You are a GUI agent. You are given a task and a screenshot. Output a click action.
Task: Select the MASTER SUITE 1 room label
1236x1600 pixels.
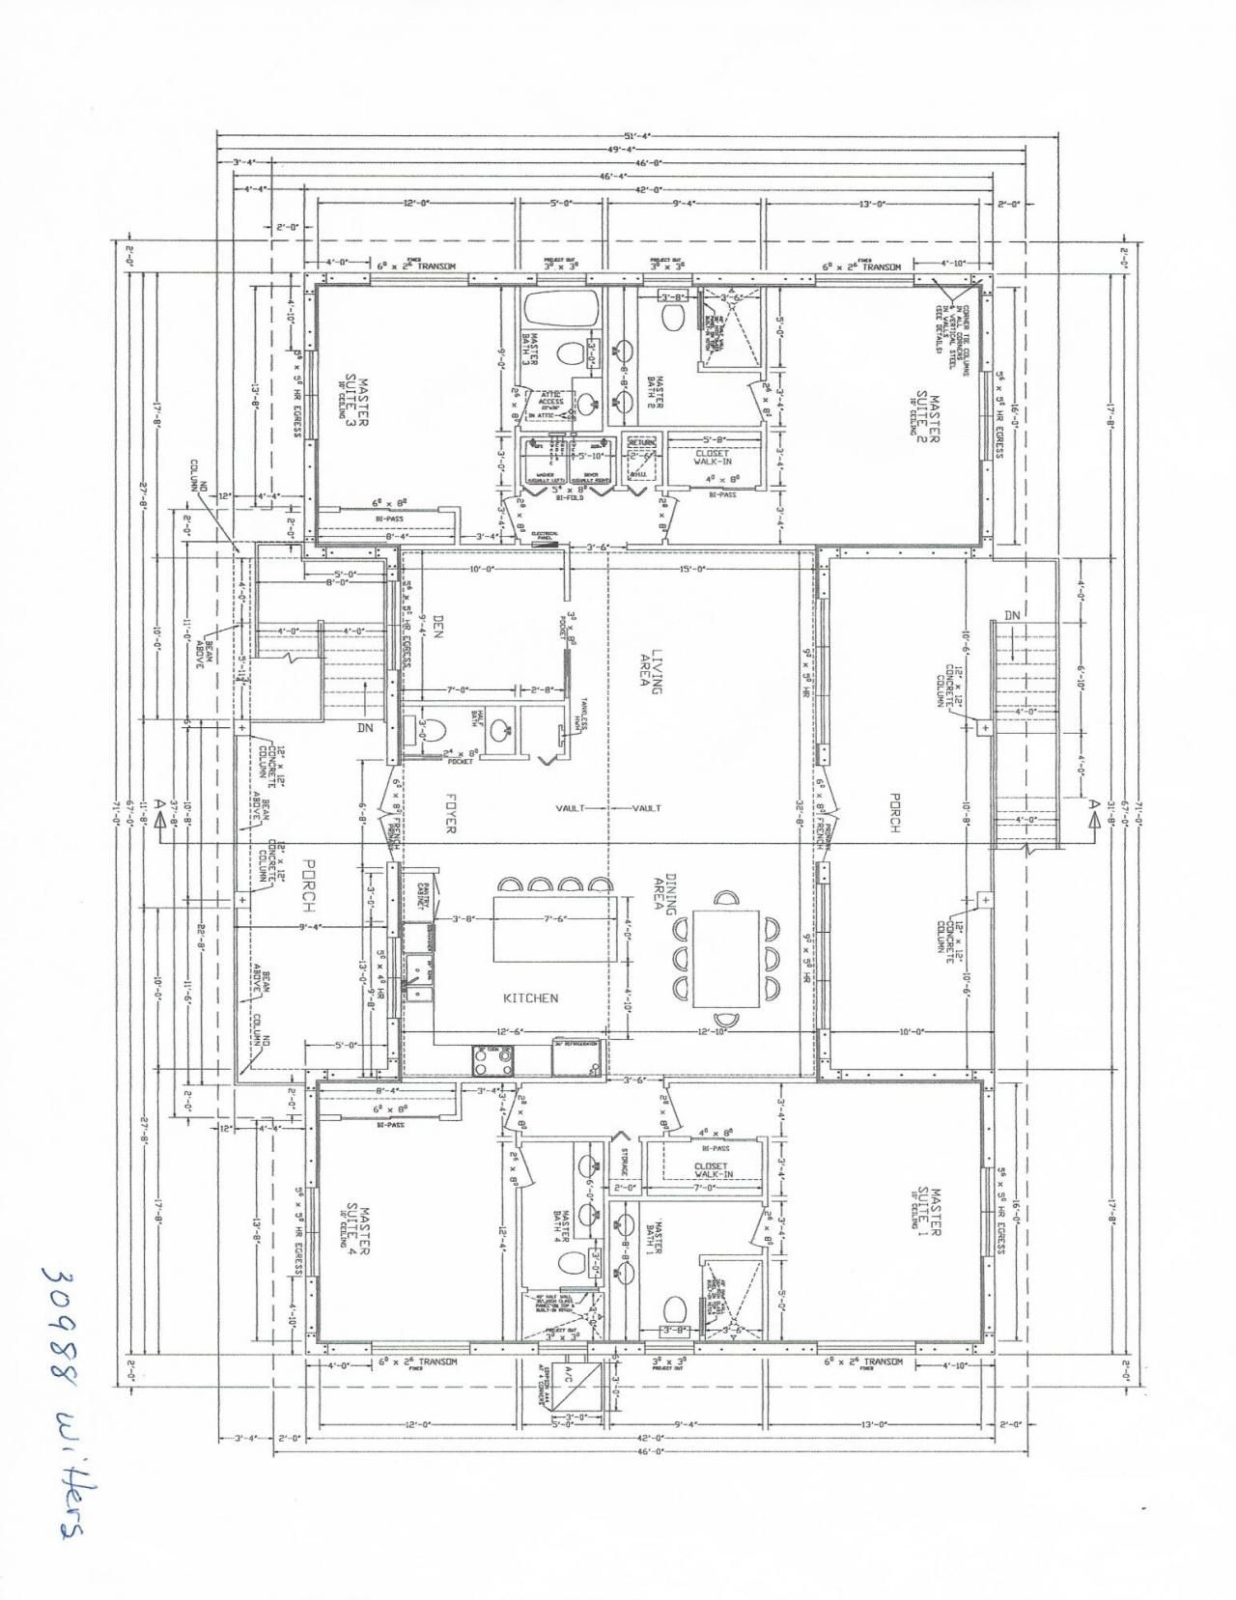click(x=928, y=1211)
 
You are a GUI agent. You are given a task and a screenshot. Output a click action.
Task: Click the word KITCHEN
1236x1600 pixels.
click(x=530, y=997)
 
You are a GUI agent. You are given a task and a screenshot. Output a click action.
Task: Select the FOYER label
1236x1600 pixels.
click(x=450, y=814)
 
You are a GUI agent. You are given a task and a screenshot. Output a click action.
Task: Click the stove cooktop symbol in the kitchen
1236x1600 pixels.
click(x=493, y=1060)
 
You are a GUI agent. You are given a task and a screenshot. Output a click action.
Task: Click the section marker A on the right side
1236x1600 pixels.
click(x=1094, y=808)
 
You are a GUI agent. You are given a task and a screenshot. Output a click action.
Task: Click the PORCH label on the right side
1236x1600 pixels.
click(x=895, y=812)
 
